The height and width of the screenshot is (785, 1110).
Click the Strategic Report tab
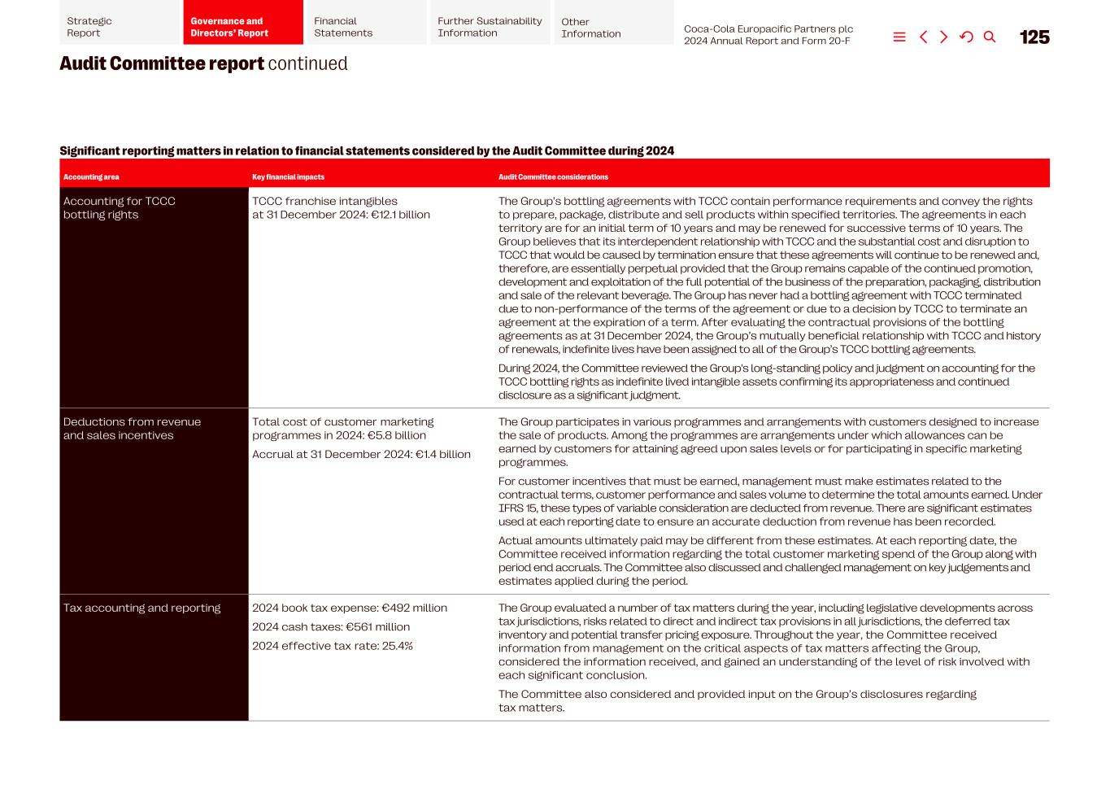click(x=119, y=27)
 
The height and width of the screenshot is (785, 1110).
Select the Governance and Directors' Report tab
click(x=242, y=27)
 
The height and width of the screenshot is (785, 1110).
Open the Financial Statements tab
click(x=366, y=27)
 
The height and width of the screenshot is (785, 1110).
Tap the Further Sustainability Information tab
click(x=490, y=27)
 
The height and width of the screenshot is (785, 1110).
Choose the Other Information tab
click(x=613, y=28)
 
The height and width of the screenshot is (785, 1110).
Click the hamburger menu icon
click(x=899, y=37)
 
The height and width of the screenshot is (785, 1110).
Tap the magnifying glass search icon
click(x=990, y=37)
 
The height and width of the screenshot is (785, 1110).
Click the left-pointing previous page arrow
click(x=923, y=37)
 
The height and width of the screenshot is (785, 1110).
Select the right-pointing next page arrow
click(x=944, y=37)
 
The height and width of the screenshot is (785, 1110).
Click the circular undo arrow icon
click(x=966, y=37)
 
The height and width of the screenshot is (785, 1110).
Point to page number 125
click(x=1034, y=37)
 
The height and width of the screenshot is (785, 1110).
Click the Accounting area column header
click(x=91, y=177)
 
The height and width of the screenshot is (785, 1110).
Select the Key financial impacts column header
click(x=288, y=177)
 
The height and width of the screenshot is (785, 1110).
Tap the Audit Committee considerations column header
click(x=553, y=177)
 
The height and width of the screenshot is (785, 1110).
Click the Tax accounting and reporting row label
click(x=141, y=608)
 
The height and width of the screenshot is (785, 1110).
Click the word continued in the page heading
click(x=307, y=63)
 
